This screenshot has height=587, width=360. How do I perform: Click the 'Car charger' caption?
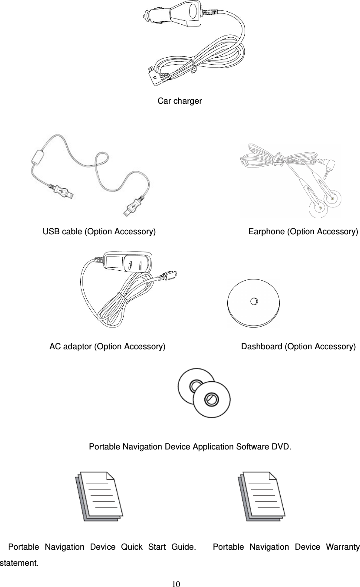coord(179,101)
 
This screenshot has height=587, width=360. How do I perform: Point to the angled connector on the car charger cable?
coord(155,76)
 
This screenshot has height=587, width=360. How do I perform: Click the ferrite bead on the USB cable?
coord(38,156)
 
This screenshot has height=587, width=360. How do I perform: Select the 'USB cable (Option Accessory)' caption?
coord(99,231)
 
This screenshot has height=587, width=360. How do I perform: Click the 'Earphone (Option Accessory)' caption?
coord(303,231)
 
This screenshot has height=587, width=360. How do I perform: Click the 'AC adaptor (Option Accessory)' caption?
coord(107,346)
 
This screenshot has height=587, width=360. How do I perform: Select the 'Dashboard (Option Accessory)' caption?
coord(298,346)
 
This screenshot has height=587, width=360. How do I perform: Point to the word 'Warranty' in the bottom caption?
coord(340,546)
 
